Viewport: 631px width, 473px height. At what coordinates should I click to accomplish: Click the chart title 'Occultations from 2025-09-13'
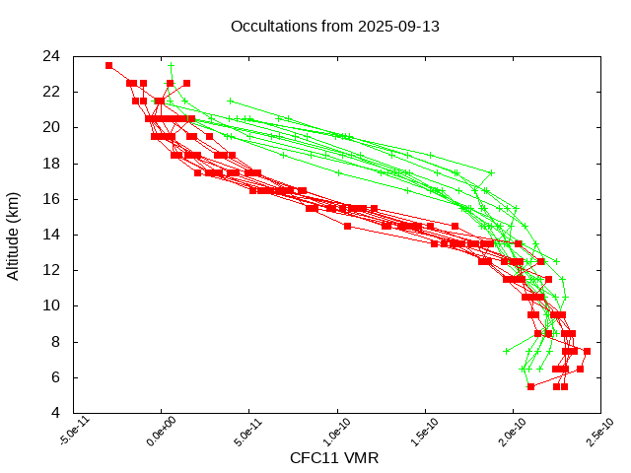[334, 26]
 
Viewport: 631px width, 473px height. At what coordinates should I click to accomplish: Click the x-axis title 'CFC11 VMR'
[334, 458]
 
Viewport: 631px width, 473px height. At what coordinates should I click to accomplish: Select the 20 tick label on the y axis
[51, 127]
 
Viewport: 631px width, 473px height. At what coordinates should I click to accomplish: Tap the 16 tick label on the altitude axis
[51, 198]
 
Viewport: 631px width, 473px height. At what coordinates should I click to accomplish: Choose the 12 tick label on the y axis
[51, 270]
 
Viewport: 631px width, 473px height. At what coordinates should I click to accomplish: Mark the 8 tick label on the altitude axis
[55, 341]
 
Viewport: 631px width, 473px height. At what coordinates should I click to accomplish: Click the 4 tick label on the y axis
[55, 413]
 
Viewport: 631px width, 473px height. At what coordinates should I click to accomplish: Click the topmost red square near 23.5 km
[108, 65]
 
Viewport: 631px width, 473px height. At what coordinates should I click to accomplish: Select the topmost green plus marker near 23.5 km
[171, 65]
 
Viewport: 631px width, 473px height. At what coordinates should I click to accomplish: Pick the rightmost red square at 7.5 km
[587, 351]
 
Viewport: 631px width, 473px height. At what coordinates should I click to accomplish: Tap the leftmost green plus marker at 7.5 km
[507, 351]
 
